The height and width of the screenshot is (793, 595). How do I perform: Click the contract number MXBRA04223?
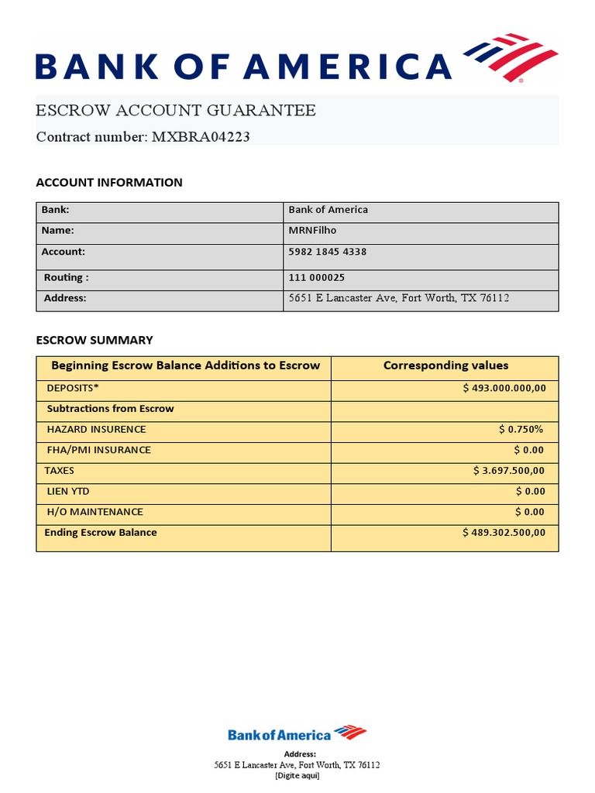click(201, 137)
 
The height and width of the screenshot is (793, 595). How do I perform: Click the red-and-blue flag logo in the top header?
click(511, 58)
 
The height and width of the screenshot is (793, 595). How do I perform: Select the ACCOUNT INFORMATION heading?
click(109, 183)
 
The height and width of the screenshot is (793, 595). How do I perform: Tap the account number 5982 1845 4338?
click(328, 252)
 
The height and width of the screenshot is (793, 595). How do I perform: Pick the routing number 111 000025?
click(317, 277)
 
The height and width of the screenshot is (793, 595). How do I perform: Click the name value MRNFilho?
click(313, 230)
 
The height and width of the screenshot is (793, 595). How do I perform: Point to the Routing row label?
click(66, 277)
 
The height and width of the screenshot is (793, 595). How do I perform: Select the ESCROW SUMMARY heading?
click(95, 340)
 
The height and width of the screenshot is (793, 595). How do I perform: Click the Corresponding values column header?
click(445, 366)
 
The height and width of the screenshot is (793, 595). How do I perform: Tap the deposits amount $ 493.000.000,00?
click(504, 388)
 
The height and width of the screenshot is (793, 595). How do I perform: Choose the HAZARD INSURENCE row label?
click(96, 429)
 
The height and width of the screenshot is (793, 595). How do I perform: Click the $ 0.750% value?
click(521, 429)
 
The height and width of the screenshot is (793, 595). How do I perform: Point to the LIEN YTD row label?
click(68, 491)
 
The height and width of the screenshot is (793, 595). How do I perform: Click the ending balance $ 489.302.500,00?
click(504, 532)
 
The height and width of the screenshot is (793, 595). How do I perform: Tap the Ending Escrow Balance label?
click(101, 532)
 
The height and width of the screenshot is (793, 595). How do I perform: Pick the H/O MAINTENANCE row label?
click(95, 512)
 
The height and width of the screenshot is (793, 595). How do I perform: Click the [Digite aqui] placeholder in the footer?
click(297, 775)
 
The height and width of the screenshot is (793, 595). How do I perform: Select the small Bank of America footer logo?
click(297, 733)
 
